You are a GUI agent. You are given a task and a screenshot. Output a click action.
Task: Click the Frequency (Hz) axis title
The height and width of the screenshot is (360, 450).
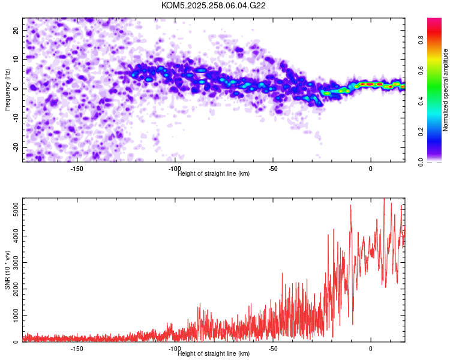(x=7, y=89)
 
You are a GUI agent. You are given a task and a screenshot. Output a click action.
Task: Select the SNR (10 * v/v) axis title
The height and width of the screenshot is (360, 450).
(x=7, y=270)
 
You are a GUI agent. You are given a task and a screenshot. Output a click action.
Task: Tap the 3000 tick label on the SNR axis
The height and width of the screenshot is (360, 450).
(x=13, y=262)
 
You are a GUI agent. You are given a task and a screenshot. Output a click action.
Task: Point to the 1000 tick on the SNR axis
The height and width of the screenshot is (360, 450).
(x=13, y=315)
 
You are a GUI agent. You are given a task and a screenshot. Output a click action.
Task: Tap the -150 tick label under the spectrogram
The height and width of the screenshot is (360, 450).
(x=77, y=169)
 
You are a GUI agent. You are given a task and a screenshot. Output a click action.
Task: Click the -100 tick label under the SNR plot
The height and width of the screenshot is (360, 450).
(x=175, y=349)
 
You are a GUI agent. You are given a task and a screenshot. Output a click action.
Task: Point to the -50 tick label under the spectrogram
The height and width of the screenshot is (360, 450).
(x=272, y=169)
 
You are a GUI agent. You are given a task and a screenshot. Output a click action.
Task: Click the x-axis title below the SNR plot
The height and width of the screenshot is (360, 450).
(x=214, y=354)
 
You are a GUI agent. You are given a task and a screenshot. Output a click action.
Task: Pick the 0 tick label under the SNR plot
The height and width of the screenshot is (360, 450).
(x=370, y=349)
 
